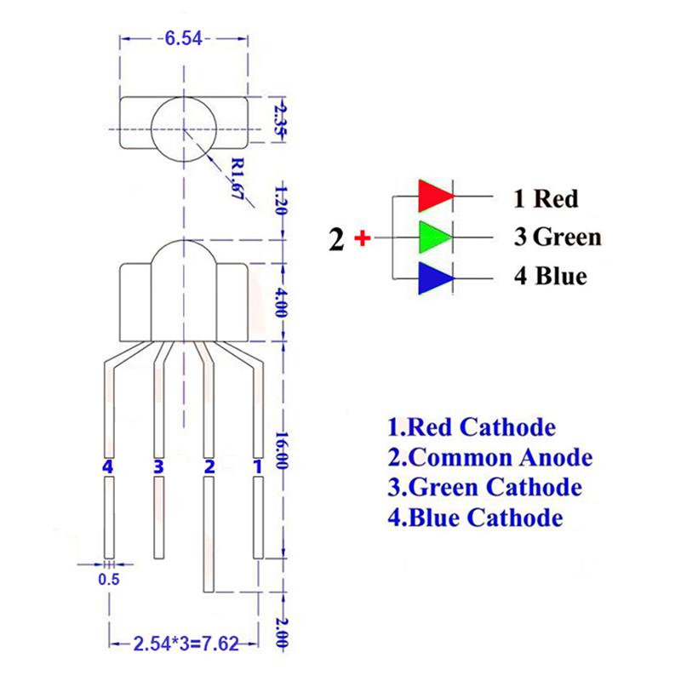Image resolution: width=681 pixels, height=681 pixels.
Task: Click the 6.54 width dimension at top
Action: pos(184,38)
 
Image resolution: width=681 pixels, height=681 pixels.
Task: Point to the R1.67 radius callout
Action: pos(237,178)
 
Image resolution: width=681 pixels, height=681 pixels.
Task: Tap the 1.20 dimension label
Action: pos(281,201)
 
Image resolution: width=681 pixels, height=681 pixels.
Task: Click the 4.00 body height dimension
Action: pos(282,302)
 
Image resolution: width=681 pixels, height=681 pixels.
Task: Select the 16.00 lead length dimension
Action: pos(283,450)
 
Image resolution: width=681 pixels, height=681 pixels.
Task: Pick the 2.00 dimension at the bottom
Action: pos(282,633)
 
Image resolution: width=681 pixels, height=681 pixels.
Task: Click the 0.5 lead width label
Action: pos(109,579)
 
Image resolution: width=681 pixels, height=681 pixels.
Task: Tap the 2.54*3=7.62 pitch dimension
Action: pos(186,644)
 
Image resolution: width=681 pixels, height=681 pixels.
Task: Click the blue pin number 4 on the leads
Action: pos(108,466)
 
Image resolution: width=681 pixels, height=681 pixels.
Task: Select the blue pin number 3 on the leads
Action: pos(158,466)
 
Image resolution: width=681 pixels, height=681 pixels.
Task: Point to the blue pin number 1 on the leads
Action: pos(258,466)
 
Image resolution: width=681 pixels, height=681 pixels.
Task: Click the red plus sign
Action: pos(363,238)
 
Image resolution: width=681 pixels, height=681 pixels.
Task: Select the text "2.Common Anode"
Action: pos(490,457)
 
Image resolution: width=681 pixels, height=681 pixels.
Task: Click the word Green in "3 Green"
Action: pos(567,237)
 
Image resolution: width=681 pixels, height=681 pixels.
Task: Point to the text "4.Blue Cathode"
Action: pos(476,518)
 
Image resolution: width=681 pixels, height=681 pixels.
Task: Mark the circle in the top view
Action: pos(184,96)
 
